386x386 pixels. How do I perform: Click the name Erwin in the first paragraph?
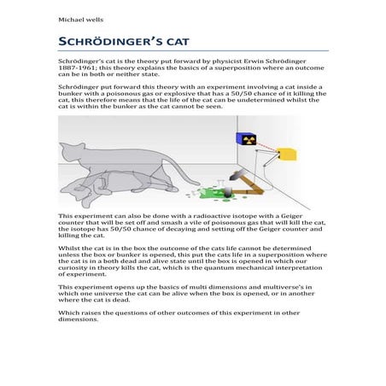pos(246,62)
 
